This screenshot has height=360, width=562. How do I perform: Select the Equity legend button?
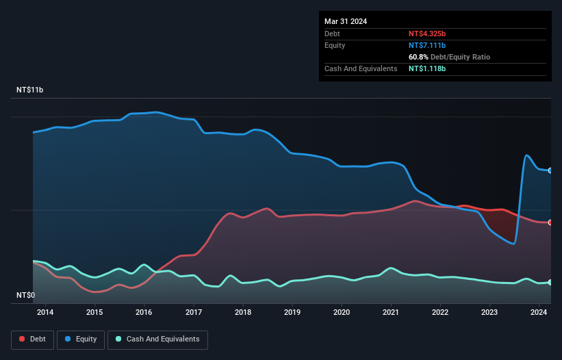click(81, 339)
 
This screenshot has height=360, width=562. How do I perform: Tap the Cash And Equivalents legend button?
click(157, 339)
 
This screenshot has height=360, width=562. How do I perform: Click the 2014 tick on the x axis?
click(45, 313)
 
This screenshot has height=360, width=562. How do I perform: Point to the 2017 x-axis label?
click(194, 313)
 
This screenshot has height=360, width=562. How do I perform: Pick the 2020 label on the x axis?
click(342, 313)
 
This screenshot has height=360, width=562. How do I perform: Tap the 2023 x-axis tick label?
click(490, 313)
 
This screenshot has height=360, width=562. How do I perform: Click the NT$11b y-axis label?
click(30, 90)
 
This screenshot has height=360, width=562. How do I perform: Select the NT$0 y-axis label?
click(26, 296)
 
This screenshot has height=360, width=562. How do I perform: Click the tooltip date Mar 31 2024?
click(346, 21)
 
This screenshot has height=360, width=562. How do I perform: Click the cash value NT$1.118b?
click(432, 68)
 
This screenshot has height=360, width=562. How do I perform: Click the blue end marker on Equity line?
click(550, 170)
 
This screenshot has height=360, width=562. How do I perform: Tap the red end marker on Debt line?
click(550, 222)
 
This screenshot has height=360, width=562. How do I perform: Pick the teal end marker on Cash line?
click(550, 282)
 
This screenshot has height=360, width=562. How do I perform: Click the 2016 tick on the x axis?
click(144, 313)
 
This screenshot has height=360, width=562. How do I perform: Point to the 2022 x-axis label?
click(440, 313)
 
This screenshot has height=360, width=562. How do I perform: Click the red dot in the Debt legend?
click(23, 339)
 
